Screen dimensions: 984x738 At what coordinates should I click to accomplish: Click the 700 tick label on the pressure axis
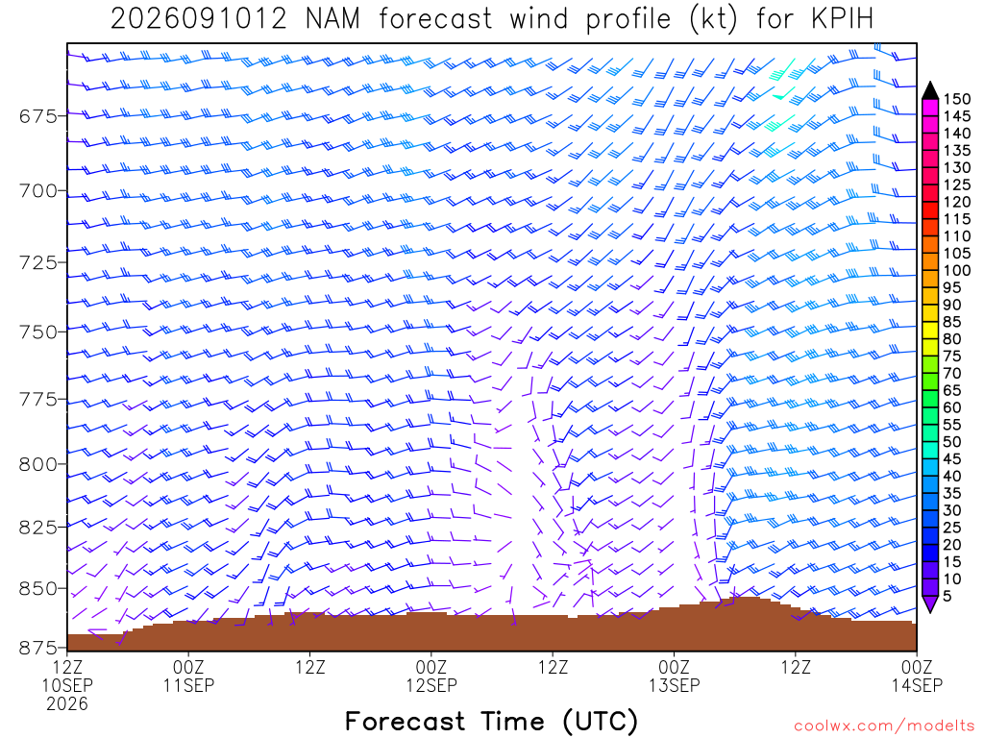[x=37, y=190]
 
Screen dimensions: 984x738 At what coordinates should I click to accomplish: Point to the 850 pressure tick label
[x=37, y=589]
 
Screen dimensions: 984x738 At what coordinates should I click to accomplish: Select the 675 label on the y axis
[x=37, y=116]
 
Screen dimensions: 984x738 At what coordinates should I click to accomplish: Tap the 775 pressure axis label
[x=37, y=399]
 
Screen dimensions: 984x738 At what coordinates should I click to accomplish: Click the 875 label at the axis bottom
[x=37, y=647]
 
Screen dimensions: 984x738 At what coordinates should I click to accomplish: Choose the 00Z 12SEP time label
[x=431, y=676]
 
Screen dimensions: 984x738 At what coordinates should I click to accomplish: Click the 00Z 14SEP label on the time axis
[x=917, y=676]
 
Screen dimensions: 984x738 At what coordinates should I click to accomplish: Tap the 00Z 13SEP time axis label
[x=674, y=676]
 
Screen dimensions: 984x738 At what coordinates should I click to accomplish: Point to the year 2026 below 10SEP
[x=67, y=704]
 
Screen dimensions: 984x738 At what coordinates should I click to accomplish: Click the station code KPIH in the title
[x=842, y=19]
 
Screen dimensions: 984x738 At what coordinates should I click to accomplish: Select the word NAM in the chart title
[x=332, y=19]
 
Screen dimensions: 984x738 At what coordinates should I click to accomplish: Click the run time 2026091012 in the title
[x=198, y=19]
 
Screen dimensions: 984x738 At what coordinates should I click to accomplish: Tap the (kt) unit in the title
[x=713, y=19]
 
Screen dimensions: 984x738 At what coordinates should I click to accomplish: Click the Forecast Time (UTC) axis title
[x=491, y=721]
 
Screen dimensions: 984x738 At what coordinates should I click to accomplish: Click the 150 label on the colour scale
[x=956, y=99]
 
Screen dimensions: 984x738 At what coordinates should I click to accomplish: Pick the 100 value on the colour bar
[x=956, y=270]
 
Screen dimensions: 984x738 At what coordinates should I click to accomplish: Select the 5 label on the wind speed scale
[x=947, y=596]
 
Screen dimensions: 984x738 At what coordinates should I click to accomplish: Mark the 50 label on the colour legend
[x=952, y=442]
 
